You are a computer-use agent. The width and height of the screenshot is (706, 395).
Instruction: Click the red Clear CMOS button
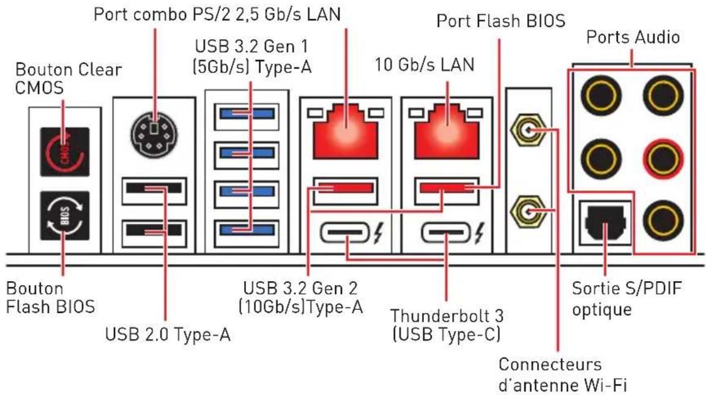tap(65, 152)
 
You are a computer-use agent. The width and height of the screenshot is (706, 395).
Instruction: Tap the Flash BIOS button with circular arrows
tap(65, 216)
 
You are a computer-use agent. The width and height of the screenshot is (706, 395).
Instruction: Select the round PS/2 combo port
tap(154, 134)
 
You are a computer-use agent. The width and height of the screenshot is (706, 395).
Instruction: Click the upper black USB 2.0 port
tap(154, 188)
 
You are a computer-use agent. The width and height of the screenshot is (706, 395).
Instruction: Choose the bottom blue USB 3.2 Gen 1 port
tap(247, 230)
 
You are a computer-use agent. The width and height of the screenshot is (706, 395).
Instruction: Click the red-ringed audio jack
tap(664, 159)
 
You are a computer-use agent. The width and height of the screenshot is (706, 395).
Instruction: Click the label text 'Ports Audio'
tap(633, 37)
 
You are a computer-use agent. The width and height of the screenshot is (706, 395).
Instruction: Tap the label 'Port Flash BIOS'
tap(500, 21)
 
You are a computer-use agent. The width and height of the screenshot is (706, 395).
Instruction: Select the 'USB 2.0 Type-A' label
tap(168, 334)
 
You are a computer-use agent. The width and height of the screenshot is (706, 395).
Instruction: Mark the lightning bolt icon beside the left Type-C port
tap(378, 233)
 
